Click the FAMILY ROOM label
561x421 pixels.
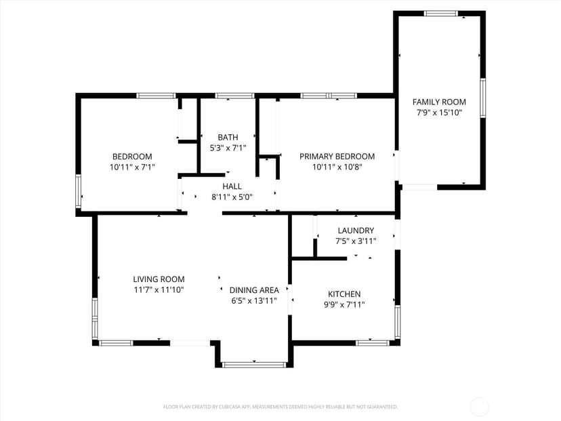coord(439,102)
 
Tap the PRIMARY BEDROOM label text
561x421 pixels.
coord(337,157)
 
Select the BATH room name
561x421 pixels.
coord(228,137)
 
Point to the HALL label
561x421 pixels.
coord(232,186)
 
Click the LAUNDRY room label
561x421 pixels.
coord(356,230)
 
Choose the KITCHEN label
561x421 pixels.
coord(344,294)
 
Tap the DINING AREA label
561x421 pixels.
coord(254,290)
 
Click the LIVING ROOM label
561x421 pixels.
coord(159,279)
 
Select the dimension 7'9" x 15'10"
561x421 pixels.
coord(439,113)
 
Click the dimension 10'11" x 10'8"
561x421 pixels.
coord(337,167)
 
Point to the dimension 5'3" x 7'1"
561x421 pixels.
coord(228,148)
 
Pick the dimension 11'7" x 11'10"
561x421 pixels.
coord(159,290)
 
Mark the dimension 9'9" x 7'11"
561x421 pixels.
coord(344,305)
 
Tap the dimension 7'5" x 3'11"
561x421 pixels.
coord(356,241)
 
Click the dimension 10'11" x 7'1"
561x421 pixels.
coord(132,167)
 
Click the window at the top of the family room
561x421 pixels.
coord(441,14)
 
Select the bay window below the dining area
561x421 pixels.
coord(254,365)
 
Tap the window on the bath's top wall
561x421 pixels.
coord(234,96)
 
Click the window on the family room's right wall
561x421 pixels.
coord(483,98)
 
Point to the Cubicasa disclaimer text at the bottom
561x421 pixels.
coord(280,407)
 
